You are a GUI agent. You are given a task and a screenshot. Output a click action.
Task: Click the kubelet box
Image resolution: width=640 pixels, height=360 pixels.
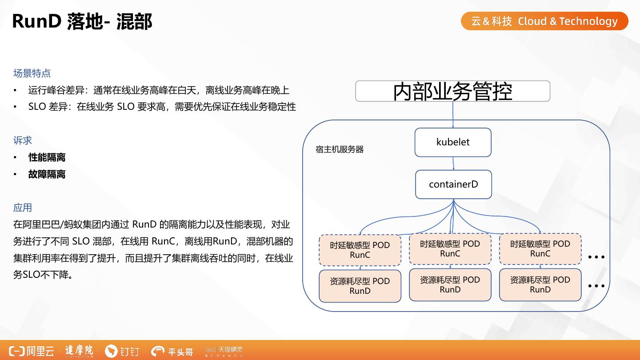pyautogui.click(x=453, y=142)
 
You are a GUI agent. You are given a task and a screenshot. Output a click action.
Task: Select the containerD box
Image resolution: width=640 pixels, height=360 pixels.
pyautogui.click(x=453, y=184)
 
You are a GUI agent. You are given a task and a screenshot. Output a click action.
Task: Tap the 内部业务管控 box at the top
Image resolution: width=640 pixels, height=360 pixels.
pyautogui.click(x=452, y=91)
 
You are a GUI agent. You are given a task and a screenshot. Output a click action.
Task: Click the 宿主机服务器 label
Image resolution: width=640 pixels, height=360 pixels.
pyautogui.click(x=340, y=150)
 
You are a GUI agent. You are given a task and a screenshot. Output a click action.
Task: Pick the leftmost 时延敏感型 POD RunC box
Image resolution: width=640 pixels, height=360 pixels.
pyautogui.click(x=360, y=250)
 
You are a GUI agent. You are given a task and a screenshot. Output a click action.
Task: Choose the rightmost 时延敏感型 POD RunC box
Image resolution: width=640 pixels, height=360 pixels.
pyautogui.click(x=540, y=249)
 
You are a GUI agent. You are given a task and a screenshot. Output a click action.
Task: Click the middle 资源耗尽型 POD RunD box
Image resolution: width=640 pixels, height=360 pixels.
pyautogui.click(x=450, y=284)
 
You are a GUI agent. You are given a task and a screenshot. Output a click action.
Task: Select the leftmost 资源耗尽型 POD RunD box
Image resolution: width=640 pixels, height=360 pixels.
pyautogui.click(x=360, y=286)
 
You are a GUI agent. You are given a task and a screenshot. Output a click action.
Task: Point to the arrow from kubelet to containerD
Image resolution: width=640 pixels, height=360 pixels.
pyautogui.click(x=453, y=163)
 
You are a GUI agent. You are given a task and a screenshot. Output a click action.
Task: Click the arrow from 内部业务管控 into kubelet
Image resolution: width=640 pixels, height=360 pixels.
pyautogui.click(x=453, y=115)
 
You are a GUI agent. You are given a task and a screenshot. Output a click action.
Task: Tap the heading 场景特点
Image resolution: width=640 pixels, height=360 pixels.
pyautogui.click(x=32, y=73)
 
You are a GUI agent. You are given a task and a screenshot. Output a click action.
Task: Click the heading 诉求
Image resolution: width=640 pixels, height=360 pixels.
pyautogui.click(x=23, y=140)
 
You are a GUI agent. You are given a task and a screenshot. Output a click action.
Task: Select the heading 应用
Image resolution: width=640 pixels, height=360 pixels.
pyautogui.click(x=23, y=208)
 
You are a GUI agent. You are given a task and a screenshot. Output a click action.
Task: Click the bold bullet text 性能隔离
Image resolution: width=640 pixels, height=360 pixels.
pyautogui.click(x=47, y=157)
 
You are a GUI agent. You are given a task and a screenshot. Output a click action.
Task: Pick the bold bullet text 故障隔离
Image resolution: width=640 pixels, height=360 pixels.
pyautogui.click(x=47, y=174)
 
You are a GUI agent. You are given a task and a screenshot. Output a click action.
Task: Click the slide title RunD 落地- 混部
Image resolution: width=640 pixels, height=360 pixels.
pyautogui.click(x=82, y=21)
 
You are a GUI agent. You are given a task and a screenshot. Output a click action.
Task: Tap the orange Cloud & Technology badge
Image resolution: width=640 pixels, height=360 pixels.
pyautogui.click(x=544, y=21)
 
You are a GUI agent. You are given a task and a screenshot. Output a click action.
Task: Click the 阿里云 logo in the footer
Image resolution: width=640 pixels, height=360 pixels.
pyautogui.click(x=32, y=351)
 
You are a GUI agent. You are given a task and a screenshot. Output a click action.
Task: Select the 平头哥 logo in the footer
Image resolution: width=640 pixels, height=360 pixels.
pyautogui.click(x=172, y=352)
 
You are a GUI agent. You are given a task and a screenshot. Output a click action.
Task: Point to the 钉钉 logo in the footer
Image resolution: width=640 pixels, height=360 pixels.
pyautogui.click(x=122, y=352)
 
